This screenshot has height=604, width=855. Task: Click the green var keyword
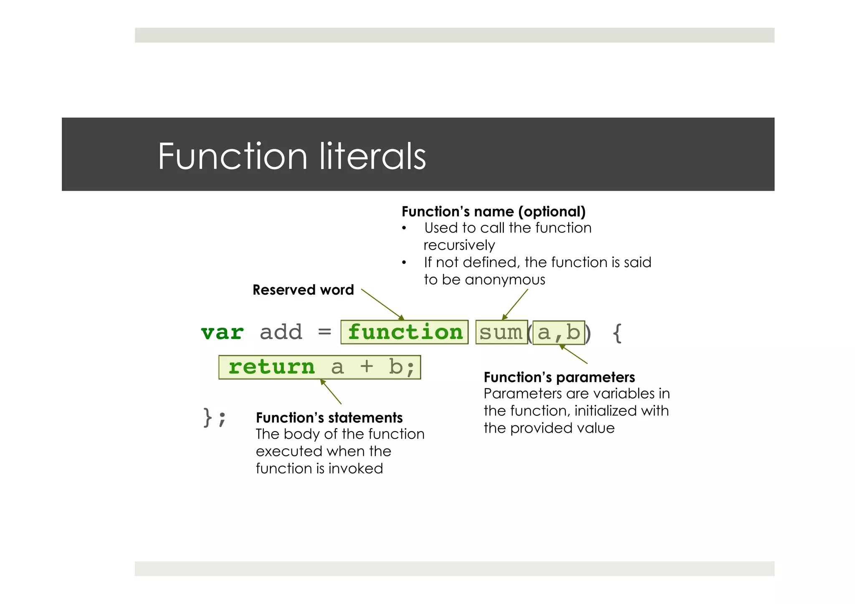coord(222,333)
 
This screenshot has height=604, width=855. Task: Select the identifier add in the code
coord(281,333)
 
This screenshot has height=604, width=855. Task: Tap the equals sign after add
coord(324,332)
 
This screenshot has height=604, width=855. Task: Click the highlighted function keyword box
coord(404,332)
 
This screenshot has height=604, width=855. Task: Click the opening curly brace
coord(617,333)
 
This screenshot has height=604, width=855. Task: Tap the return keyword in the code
coord(271,367)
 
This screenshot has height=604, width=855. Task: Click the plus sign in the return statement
coord(367,367)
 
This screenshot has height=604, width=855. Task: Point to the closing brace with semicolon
coord(215,417)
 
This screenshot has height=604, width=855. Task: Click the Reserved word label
coord(303,290)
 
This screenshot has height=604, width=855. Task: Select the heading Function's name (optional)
coord(493,212)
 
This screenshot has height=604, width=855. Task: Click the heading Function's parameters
coord(559,377)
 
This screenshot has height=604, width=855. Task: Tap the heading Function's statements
coord(329,418)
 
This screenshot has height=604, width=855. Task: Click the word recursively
coord(459,245)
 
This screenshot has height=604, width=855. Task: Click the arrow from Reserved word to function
coord(382,304)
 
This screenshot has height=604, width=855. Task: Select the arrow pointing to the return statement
coord(331,392)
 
